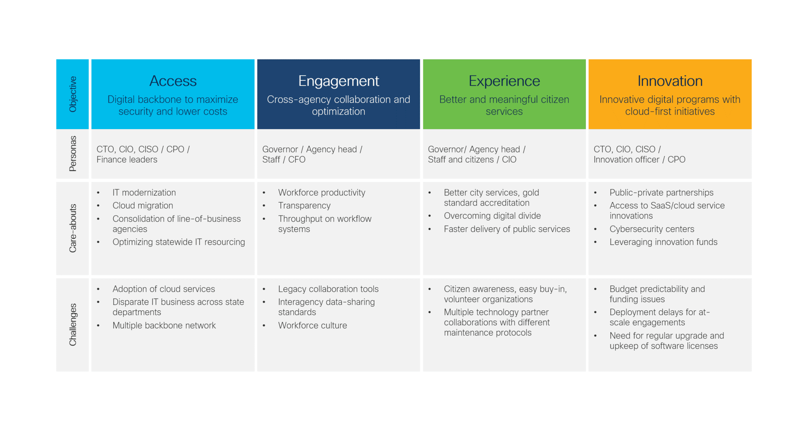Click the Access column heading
173,81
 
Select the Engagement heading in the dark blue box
339,82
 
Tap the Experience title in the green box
504,82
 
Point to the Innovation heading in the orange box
670,81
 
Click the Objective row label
73,94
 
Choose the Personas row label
73,154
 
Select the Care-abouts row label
73,228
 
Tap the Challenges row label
73,324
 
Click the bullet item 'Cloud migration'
143,206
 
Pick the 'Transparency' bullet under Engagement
304,206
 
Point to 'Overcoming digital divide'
492,216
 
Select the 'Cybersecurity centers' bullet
652,229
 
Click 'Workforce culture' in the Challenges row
312,325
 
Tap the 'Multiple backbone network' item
164,325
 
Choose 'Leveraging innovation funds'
663,242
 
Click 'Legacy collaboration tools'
328,289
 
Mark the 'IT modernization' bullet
144,192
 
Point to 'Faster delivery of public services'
507,229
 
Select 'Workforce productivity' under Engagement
322,193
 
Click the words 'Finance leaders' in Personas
127,159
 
